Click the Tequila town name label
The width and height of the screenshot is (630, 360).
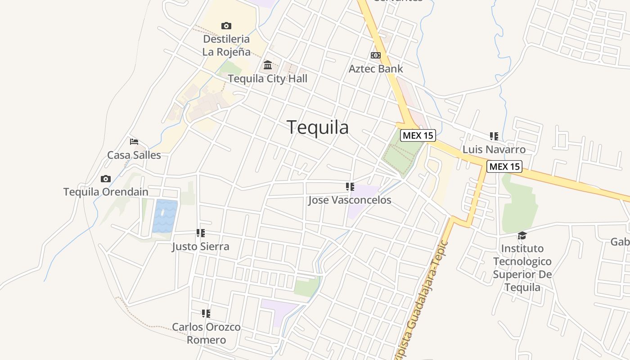(x=318, y=127)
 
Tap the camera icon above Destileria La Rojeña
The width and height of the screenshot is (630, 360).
(x=226, y=26)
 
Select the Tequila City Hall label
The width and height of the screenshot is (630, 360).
(x=268, y=79)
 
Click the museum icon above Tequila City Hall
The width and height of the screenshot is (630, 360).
(x=268, y=65)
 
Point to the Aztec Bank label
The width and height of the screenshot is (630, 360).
(x=376, y=69)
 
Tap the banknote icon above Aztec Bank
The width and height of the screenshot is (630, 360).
(x=376, y=55)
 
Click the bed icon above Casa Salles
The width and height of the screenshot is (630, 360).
(x=134, y=141)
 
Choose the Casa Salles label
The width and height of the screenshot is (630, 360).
(x=134, y=155)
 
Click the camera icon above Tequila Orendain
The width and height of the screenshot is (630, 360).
(x=106, y=179)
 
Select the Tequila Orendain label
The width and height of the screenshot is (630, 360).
(x=106, y=192)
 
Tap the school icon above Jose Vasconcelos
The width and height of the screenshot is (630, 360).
(x=350, y=187)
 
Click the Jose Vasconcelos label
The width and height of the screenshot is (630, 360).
(x=350, y=200)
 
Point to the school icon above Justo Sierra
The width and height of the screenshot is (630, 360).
(x=201, y=233)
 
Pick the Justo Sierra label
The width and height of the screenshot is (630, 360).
(x=201, y=247)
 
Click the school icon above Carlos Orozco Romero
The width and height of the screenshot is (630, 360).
(x=206, y=313)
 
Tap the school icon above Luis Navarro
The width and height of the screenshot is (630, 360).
(x=494, y=136)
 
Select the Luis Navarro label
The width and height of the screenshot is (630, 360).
(x=494, y=149)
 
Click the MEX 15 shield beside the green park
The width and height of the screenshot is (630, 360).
(x=418, y=135)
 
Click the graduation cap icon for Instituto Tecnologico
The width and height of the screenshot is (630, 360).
(x=522, y=235)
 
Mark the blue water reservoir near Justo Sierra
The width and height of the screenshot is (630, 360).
(x=165, y=216)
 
